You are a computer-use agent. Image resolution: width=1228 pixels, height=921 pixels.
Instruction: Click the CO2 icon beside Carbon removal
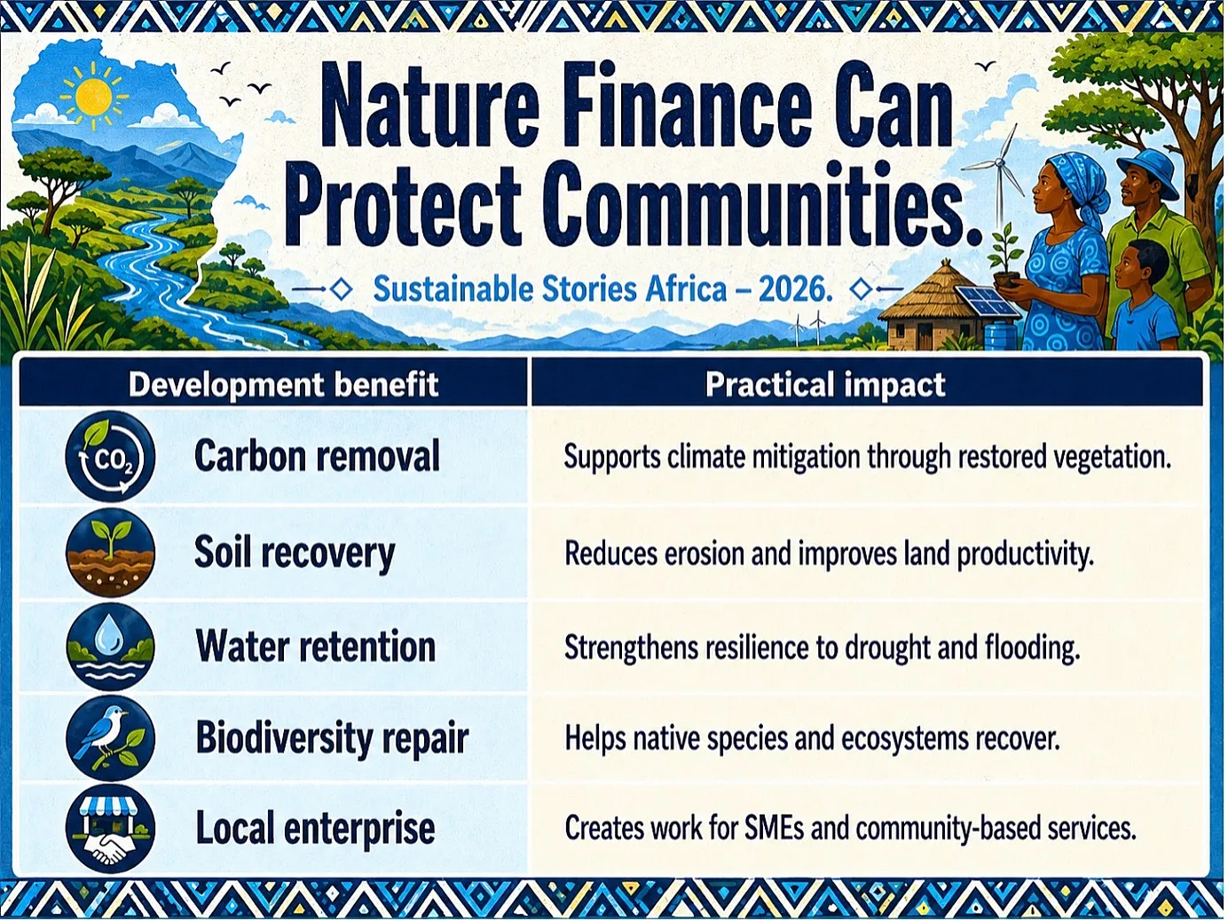(x=110, y=456)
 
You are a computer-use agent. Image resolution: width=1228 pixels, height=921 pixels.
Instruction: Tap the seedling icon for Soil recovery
(x=110, y=553)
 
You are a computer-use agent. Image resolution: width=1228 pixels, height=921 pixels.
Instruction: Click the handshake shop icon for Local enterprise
(x=110, y=828)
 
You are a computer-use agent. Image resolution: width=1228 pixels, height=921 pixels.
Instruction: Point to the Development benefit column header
(x=284, y=385)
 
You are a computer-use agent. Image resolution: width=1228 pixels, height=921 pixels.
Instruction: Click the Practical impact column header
(x=825, y=385)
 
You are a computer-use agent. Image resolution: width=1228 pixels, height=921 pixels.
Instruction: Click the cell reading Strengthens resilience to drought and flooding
(x=822, y=648)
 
